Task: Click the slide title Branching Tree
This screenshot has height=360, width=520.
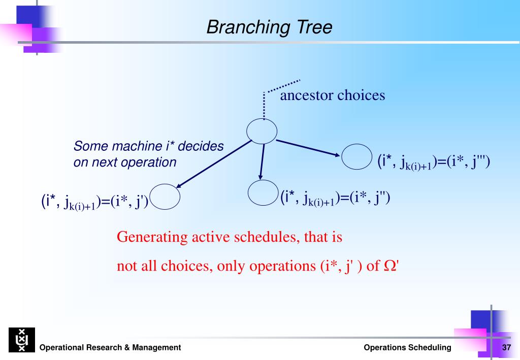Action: (269, 27)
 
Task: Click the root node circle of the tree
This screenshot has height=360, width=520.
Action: (262, 119)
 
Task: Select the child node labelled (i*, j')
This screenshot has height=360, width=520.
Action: (165, 184)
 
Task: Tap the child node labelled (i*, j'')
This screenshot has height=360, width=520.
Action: (263, 180)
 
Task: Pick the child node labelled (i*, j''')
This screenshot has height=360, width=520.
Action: (356, 144)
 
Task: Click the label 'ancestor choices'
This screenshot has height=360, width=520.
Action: (333, 95)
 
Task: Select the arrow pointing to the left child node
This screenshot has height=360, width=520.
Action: (214, 164)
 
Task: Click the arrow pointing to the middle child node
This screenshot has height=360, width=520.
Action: (263, 162)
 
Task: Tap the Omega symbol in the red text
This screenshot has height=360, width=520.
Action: (389, 266)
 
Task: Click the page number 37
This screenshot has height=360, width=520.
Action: (506, 347)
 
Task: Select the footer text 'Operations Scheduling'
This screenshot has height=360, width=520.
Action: (408, 347)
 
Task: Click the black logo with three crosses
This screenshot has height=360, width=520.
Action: (22, 340)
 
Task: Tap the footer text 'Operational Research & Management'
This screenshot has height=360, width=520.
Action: (110, 347)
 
